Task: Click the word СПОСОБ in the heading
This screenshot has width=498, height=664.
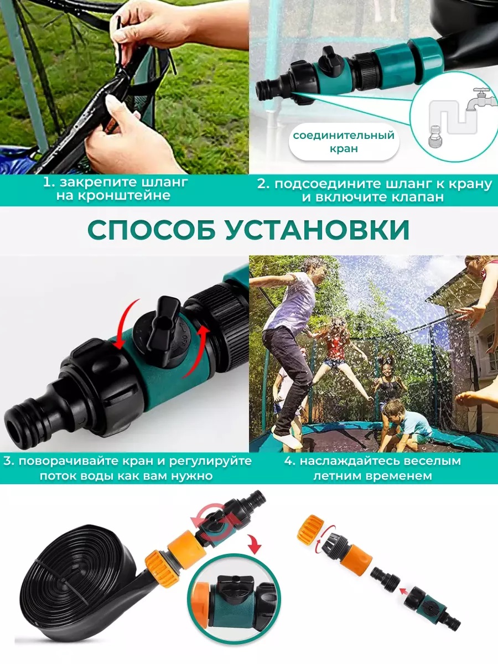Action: (x=152, y=230)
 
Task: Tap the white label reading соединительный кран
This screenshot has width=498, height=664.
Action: (x=344, y=142)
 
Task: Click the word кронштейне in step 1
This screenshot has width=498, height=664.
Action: (x=113, y=196)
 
